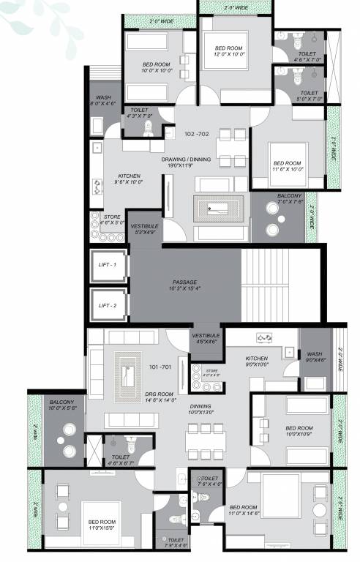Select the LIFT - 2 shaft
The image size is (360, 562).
coord(108,305)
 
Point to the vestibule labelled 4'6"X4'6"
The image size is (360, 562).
coord(204,337)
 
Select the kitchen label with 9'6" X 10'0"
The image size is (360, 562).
coord(121,179)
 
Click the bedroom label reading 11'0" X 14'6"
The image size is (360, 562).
coord(244,510)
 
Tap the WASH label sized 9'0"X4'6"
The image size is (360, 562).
coord(316,356)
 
